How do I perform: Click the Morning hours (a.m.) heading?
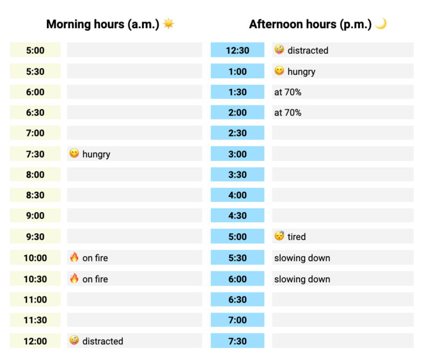[x=102, y=24]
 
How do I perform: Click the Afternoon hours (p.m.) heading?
[x=310, y=24]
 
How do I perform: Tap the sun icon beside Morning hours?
[x=168, y=24]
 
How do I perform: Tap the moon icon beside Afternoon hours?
[x=381, y=24]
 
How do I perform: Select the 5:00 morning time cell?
[x=35, y=50]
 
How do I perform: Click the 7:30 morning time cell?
[x=35, y=154]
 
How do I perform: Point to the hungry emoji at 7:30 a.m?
[x=74, y=154]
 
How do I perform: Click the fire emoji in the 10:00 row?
[x=74, y=257]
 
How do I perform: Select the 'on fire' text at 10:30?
[x=95, y=279]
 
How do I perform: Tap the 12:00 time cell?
[x=35, y=341]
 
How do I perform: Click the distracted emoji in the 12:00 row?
[x=74, y=341]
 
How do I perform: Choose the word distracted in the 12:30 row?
[x=307, y=50]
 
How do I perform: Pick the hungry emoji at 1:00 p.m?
[x=279, y=71]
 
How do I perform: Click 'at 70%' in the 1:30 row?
[x=288, y=92]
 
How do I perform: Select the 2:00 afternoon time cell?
[x=237, y=112]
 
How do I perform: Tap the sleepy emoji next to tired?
[x=279, y=237]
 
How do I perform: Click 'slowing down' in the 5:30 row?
[x=302, y=258]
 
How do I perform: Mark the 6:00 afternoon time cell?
[x=237, y=279]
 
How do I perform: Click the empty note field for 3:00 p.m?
[x=342, y=154]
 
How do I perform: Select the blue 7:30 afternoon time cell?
[x=237, y=341]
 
